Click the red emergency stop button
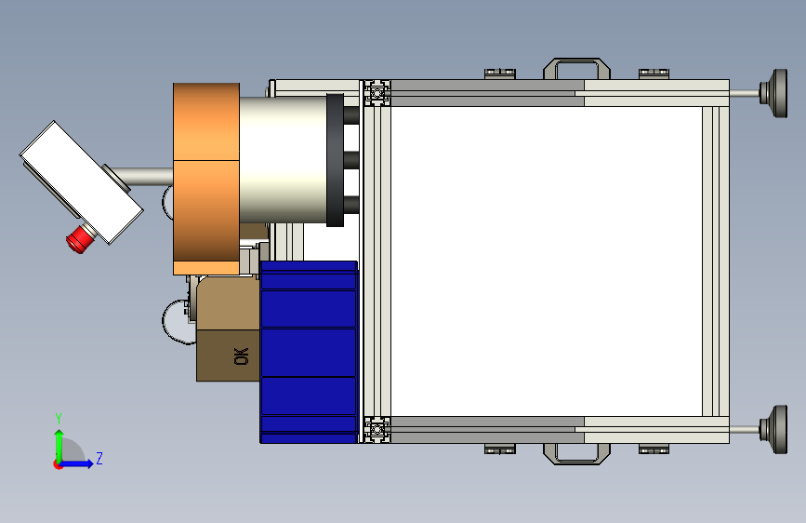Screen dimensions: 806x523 (x=81, y=239)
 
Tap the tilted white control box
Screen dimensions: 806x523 (x=81, y=182)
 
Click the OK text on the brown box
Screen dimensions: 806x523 (x=241, y=356)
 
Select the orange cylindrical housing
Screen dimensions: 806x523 (x=206, y=179)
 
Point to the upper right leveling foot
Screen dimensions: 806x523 (x=774, y=93)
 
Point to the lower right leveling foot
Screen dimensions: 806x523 (x=774, y=429)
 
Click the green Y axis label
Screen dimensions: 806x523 (x=59, y=418)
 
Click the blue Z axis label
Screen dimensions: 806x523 (x=99, y=458)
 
